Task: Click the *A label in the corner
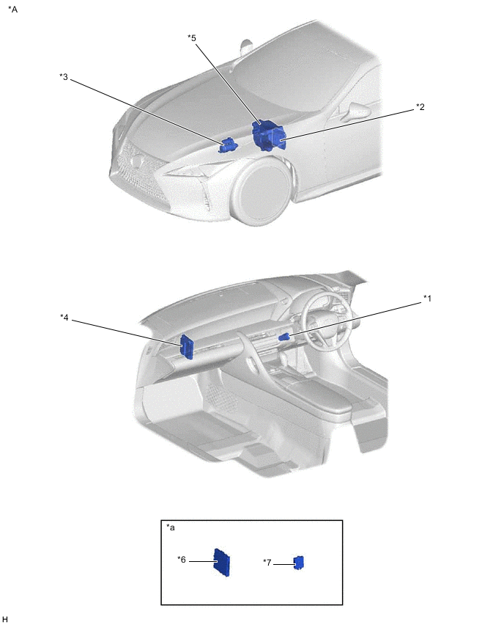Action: pyautogui.click(x=12, y=9)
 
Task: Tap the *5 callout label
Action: pyautogui.click(x=192, y=38)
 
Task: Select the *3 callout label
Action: pyautogui.click(x=64, y=76)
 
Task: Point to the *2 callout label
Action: pyautogui.click(x=420, y=107)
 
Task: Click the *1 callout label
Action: pyautogui.click(x=427, y=298)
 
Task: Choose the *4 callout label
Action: pyautogui.click(x=64, y=318)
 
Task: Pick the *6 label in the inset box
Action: pyautogui.click(x=182, y=560)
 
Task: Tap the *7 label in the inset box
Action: pyautogui.click(x=267, y=563)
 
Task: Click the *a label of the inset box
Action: pyautogui.click(x=171, y=527)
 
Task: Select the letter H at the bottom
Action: pyautogui.click(x=5, y=619)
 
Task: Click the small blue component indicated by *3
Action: pyautogui.click(x=227, y=145)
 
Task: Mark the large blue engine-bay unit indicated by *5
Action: pyautogui.click(x=269, y=136)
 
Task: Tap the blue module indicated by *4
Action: pyautogui.click(x=187, y=347)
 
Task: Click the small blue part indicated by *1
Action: pyautogui.click(x=283, y=337)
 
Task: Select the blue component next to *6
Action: pyautogui.click(x=222, y=563)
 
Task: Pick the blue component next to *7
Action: pyautogui.click(x=299, y=563)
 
